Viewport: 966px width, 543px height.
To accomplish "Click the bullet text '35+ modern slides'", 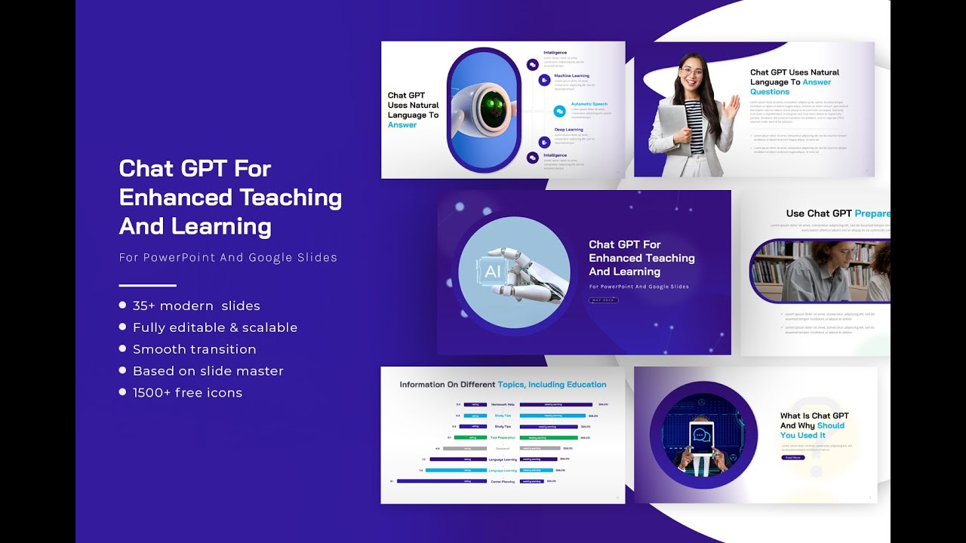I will pyautogui.click(x=196, y=305).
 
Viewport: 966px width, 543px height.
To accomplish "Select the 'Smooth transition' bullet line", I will pyautogui.click(x=194, y=349).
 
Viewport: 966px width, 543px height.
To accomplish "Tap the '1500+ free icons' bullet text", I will pyautogui.click(x=187, y=392).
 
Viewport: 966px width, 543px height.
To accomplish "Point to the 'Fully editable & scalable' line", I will pyautogui.click(x=215, y=327).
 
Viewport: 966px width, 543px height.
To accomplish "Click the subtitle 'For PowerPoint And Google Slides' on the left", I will pyautogui.click(x=228, y=257).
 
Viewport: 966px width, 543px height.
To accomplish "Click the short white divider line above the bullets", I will pyautogui.click(x=147, y=285).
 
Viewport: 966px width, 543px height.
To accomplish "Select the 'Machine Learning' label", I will pyautogui.click(x=571, y=75).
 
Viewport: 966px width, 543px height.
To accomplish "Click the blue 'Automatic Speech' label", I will pyautogui.click(x=589, y=104).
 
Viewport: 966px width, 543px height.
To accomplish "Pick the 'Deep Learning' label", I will pyautogui.click(x=568, y=130).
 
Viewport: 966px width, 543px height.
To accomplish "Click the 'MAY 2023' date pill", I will pyautogui.click(x=604, y=300).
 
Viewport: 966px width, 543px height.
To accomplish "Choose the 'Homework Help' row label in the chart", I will pyautogui.click(x=503, y=404).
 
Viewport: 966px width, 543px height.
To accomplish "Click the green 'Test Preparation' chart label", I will pyautogui.click(x=503, y=437).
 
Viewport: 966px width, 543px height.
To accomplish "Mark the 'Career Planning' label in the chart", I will pyautogui.click(x=502, y=481).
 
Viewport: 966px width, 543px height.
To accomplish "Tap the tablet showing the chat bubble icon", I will pyautogui.click(x=703, y=437).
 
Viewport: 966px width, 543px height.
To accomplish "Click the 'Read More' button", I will pyautogui.click(x=792, y=457).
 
